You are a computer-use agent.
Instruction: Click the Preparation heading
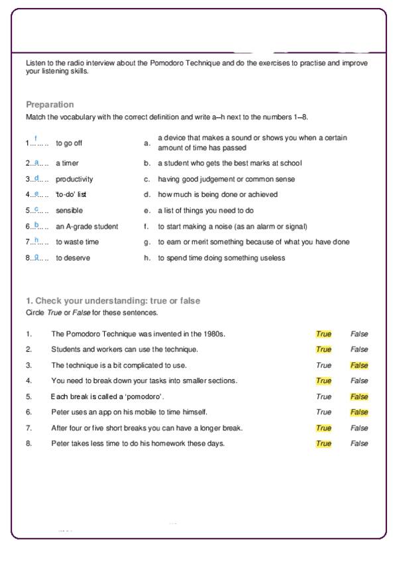tap(50, 105)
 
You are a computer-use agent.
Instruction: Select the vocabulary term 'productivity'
tap(74, 179)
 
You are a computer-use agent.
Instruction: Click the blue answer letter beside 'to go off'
tap(36, 139)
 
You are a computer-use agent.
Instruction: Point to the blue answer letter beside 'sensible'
tap(36, 209)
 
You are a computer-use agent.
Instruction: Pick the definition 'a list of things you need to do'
tap(205, 210)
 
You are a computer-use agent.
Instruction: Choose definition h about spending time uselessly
tap(221, 258)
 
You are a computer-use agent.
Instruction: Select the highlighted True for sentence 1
tap(323, 334)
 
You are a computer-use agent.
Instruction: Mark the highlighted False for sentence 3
tap(359, 365)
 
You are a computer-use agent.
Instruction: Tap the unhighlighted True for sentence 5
tap(323, 397)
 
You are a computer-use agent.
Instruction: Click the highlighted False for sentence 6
tap(359, 412)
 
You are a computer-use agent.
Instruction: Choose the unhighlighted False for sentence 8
tap(359, 443)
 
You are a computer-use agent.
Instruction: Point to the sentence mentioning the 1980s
tap(139, 334)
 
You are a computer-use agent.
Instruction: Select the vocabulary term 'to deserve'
tap(73, 258)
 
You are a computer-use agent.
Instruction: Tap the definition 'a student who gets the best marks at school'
tap(229, 163)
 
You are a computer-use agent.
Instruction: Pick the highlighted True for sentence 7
tap(323, 428)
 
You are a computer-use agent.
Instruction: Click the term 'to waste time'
tap(77, 242)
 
